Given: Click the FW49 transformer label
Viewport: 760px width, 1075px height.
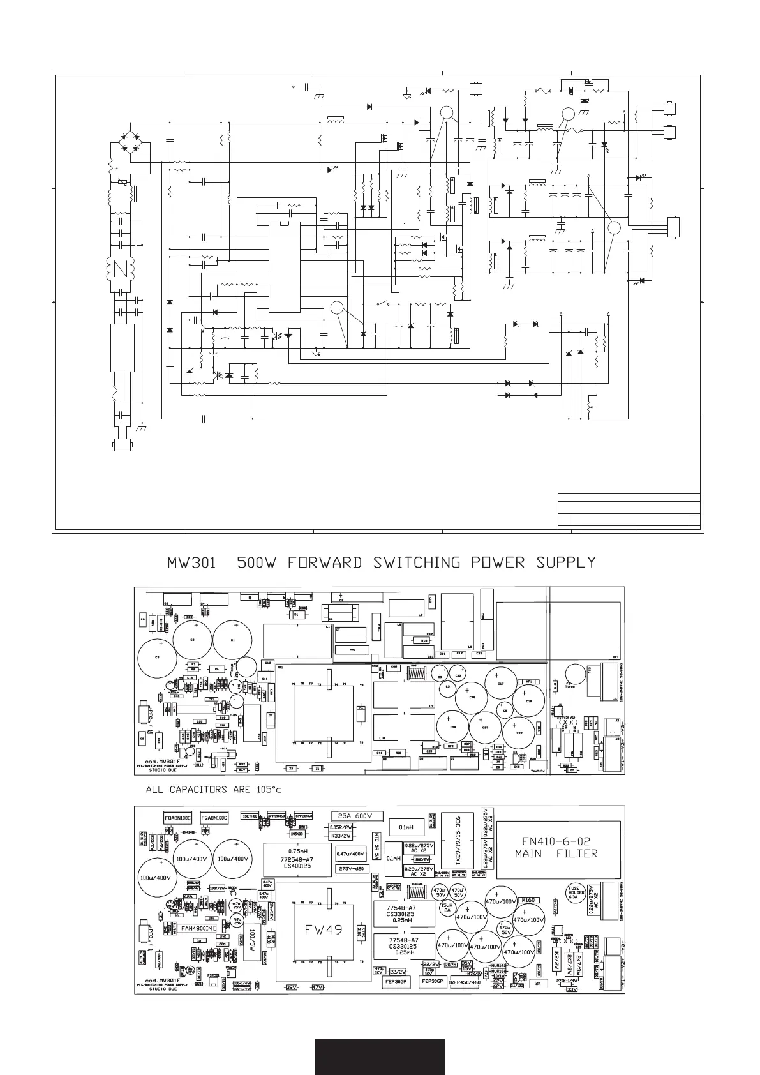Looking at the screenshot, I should pyautogui.click(x=323, y=930).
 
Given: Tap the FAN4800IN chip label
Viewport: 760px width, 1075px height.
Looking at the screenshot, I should pyautogui.click(x=198, y=928).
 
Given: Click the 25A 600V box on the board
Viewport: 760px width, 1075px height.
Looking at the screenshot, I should pyautogui.click(x=357, y=816).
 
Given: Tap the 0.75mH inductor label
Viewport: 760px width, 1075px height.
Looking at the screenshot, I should pyautogui.click(x=298, y=852).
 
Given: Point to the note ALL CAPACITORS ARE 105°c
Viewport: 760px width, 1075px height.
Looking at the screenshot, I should pyautogui.click(x=213, y=789).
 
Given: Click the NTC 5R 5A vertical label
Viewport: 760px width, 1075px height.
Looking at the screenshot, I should pyautogui.click(x=377, y=847).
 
